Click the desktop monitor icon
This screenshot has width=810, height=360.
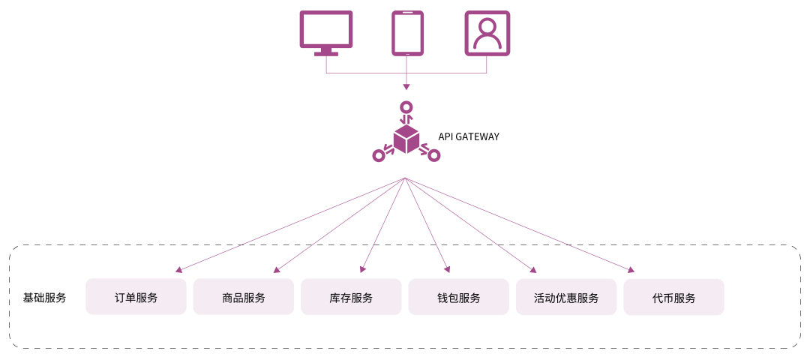click(x=326, y=30)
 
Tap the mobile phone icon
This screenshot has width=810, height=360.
click(x=407, y=33)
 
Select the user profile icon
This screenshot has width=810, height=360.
click(x=487, y=33)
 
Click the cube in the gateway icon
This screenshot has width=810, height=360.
click(x=406, y=139)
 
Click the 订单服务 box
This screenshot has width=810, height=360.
click(x=136, y=297)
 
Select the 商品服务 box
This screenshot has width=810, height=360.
click(x=244, y=297)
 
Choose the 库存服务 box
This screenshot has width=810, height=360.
click(x=351, y=297)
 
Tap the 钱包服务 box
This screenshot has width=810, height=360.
click(x=459, y=297)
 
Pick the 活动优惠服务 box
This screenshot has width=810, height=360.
click(x=566, y=297)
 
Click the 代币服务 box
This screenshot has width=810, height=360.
click(x=673, y=297)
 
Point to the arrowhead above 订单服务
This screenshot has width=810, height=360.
click(x=178, y=270)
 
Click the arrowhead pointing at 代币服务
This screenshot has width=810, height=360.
click(x=631, y=270)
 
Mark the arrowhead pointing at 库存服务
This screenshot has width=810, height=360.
click(x=362, y=269)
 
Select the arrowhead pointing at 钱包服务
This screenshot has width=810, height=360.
click(x=448, y=269)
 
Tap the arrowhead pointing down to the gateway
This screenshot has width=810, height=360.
click(x=406, y=88)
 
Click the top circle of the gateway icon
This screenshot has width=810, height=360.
click(x=406, y=107)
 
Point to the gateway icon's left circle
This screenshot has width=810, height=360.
click(x=379, y=156)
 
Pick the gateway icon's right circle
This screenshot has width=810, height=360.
click(x=434, y=156)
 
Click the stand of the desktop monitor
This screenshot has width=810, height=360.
click(x=326, y=52)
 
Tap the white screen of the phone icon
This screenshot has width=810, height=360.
click(x=407, y=33)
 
